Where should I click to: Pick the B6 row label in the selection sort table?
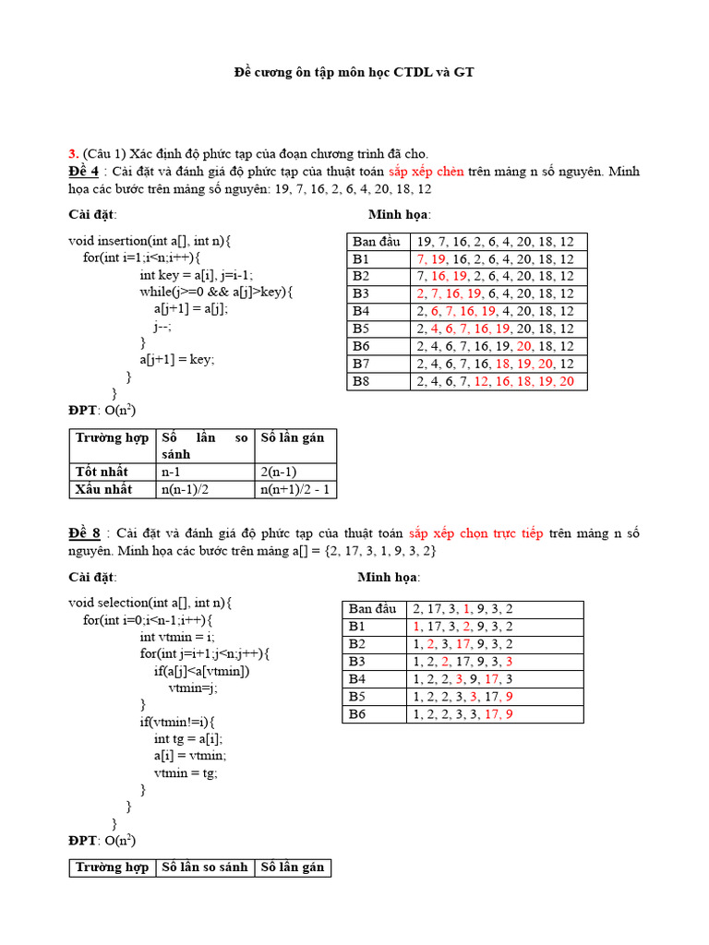(x=357, y=713)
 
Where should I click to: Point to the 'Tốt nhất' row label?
(x=102, y=472)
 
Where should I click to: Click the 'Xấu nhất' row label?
(x=103, y=489)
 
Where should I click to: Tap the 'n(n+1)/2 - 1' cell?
(x=294, y=489)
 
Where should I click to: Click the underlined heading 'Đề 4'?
(x=83, y=172)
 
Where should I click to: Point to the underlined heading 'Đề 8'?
(x=83, y=533)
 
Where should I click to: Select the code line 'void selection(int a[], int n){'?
(x=150, y=603)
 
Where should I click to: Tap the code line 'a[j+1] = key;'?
(x=176, y=360)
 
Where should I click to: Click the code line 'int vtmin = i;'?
(x=175, y=637)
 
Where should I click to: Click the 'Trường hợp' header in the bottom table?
(x=112, y=867)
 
